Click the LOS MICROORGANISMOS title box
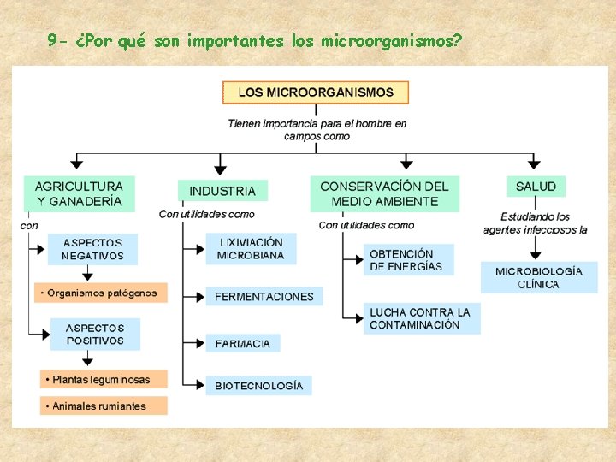point(316,92)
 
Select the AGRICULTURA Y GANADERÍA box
point(79,194)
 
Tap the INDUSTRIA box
point(222,191)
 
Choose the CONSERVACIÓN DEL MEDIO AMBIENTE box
point(384,194)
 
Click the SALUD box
point(536,187)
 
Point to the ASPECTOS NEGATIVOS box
point(92,249)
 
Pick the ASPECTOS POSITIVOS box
point(94,334)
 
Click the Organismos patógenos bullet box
point(101,293)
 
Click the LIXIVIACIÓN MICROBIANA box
point(251,249)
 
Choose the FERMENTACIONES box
point(264,297)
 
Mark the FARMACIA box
point(242,343)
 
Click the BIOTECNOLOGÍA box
point(258,386)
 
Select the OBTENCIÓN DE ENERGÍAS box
point(407,260)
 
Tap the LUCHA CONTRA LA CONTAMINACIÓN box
point(421,318)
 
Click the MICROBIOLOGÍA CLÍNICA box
point(538,278)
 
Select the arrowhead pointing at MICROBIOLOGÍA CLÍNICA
point(536,254)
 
